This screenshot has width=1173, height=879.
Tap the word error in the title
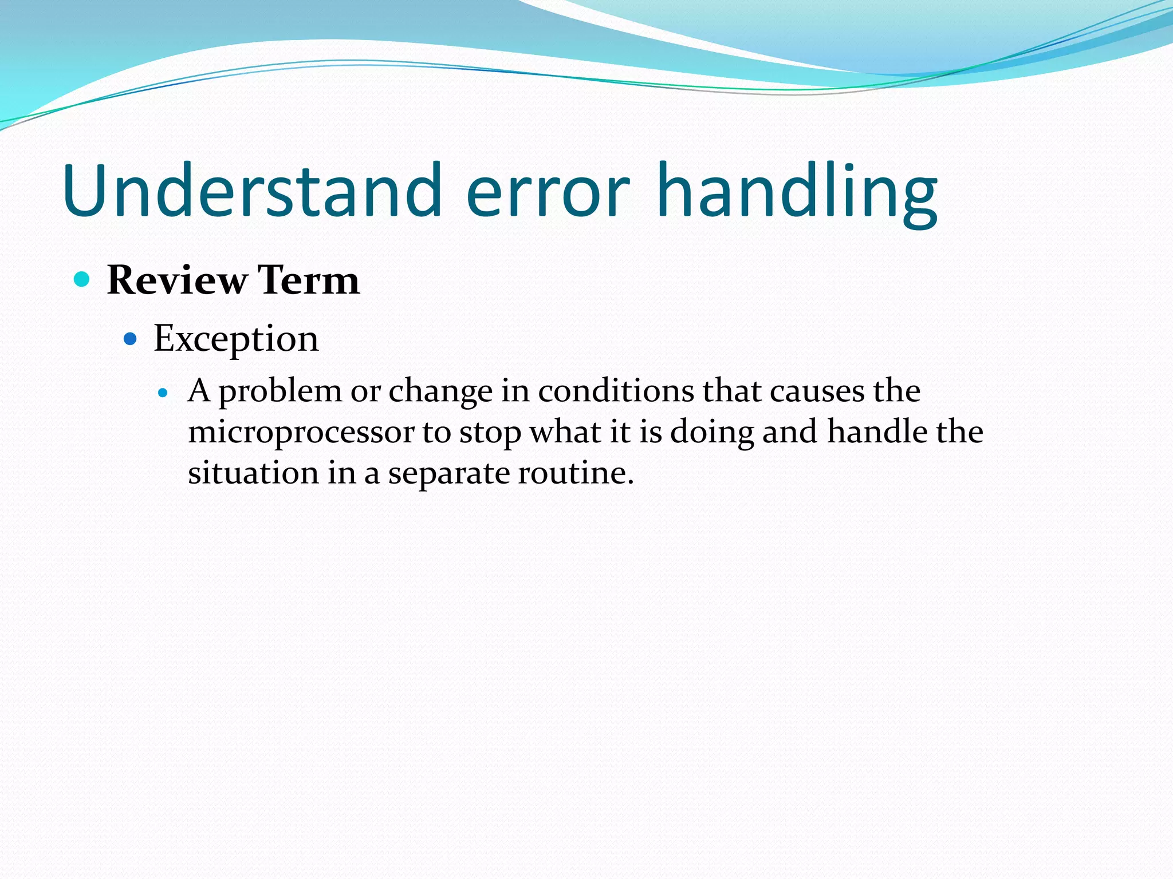click(x=548, y=191)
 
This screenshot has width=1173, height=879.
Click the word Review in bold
click(x=177, y=280)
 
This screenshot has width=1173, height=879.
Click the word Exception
click(x=236, y=339)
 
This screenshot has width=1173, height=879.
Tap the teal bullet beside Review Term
click(x=82, y=279)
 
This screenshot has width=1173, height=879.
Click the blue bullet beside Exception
click(x=131, y=339)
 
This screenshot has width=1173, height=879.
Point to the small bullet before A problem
click(x=163, y=393)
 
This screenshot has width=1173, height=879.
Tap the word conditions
click(x=616, y=391)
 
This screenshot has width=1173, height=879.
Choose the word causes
click(x=817, y=391)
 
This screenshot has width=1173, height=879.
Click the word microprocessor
click(x=301, y=433)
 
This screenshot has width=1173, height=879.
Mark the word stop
click(x=490, y=433)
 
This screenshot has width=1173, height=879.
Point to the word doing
click(x=712, y=433)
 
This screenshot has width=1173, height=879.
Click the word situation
click(x=253, y=473)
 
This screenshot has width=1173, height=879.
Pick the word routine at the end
click(x=574, y=473)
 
